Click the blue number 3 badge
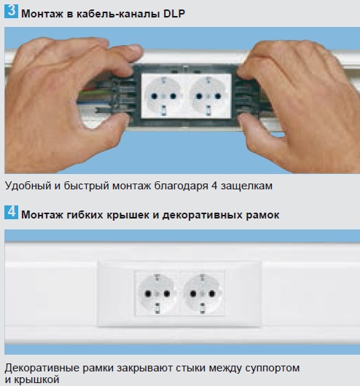click(x=11, y=12)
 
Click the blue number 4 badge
click(x=11, y=212)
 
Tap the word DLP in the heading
click(x=174, y=14)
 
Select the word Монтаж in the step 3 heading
click(x=42, y=14)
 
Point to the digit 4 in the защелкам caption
click(x=214, y=186)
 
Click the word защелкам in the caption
click(x=246, y=186)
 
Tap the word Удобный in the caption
click(x=28, y=186)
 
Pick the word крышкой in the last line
click(x=36, y=379)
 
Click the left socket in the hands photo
click(x=163, y=95)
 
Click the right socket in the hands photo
click(x=208, y=95)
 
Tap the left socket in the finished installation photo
click(x=157, y=294)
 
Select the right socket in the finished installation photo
click(x=203, y=294)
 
